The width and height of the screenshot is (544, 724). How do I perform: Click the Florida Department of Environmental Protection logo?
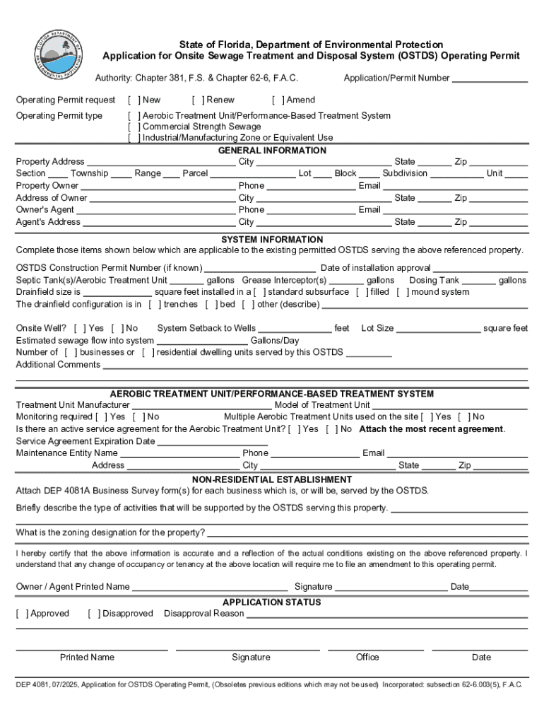[59, 55]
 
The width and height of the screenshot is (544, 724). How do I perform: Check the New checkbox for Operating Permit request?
[134, 100]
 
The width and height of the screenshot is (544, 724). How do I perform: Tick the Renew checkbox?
[197, 100]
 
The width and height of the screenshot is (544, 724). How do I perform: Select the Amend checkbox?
[278, 100]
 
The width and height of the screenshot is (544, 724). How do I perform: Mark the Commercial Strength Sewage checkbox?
[134, 127]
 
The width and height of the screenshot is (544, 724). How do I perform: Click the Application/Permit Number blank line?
[490, 79]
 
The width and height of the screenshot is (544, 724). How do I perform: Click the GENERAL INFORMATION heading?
[272, 151]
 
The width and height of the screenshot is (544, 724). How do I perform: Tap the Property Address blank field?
[161, 163]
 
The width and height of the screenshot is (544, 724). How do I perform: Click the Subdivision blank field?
[456, 174]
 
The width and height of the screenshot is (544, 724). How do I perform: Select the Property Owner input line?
[158, 187]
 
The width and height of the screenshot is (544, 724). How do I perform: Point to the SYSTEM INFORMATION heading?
[272, 240]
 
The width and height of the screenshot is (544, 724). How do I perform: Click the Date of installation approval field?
[480, 269]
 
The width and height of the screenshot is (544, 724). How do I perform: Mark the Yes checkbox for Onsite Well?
[80, 329]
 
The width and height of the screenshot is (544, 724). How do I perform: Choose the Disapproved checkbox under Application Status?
[94, 614]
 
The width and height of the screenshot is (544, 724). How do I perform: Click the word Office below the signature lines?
[367, 658]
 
